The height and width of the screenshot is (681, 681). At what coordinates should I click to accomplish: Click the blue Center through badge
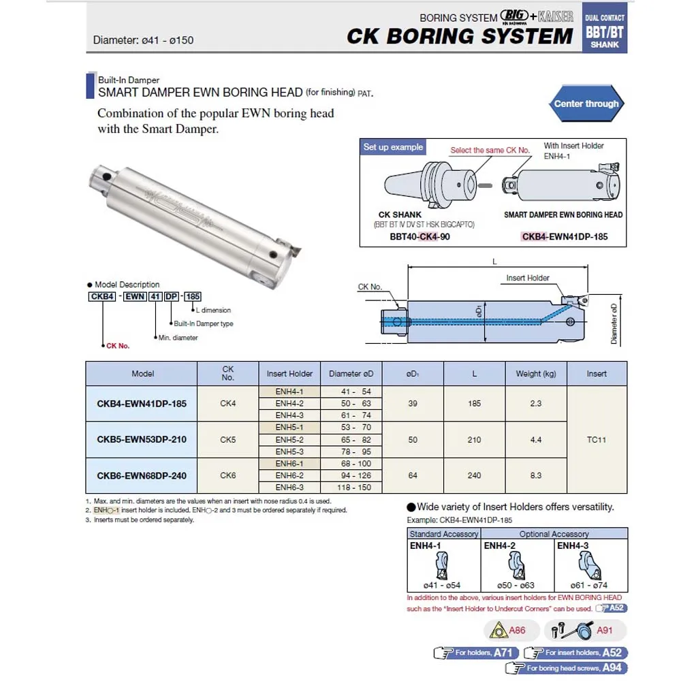pos(586,104)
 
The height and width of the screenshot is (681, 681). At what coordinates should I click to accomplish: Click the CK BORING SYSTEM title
pos(460,36)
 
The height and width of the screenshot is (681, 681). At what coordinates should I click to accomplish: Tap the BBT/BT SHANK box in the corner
pos(605,31)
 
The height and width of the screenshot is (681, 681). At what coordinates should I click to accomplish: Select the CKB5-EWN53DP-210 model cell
pos(141,439)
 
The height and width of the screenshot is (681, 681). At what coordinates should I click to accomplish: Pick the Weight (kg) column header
pos(536,373)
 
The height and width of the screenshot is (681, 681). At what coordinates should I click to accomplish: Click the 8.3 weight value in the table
pos(536,475)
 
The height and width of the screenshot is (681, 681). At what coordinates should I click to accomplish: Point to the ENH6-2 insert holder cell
pos(289,475)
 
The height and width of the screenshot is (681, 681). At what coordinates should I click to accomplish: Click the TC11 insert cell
pos(597,439)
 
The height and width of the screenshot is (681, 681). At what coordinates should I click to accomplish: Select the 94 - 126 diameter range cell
pos(351,475)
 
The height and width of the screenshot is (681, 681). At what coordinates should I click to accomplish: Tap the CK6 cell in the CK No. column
pos(228,475)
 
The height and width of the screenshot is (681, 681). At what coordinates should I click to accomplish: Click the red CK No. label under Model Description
pos(117,346)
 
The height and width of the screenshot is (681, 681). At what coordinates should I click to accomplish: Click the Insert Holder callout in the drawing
pos(528,278)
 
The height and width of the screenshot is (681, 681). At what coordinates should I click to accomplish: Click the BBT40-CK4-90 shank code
pos(419,237)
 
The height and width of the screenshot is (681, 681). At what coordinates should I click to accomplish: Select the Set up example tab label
pos(393,147)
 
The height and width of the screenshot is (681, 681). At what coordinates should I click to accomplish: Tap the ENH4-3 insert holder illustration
pos(590,565)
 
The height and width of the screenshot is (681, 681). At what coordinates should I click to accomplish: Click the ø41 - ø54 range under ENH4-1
pos(441,586)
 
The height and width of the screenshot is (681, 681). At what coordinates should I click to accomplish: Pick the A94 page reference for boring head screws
pos(612,668)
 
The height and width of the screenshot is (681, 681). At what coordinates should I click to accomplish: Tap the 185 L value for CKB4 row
pos(475,403)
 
